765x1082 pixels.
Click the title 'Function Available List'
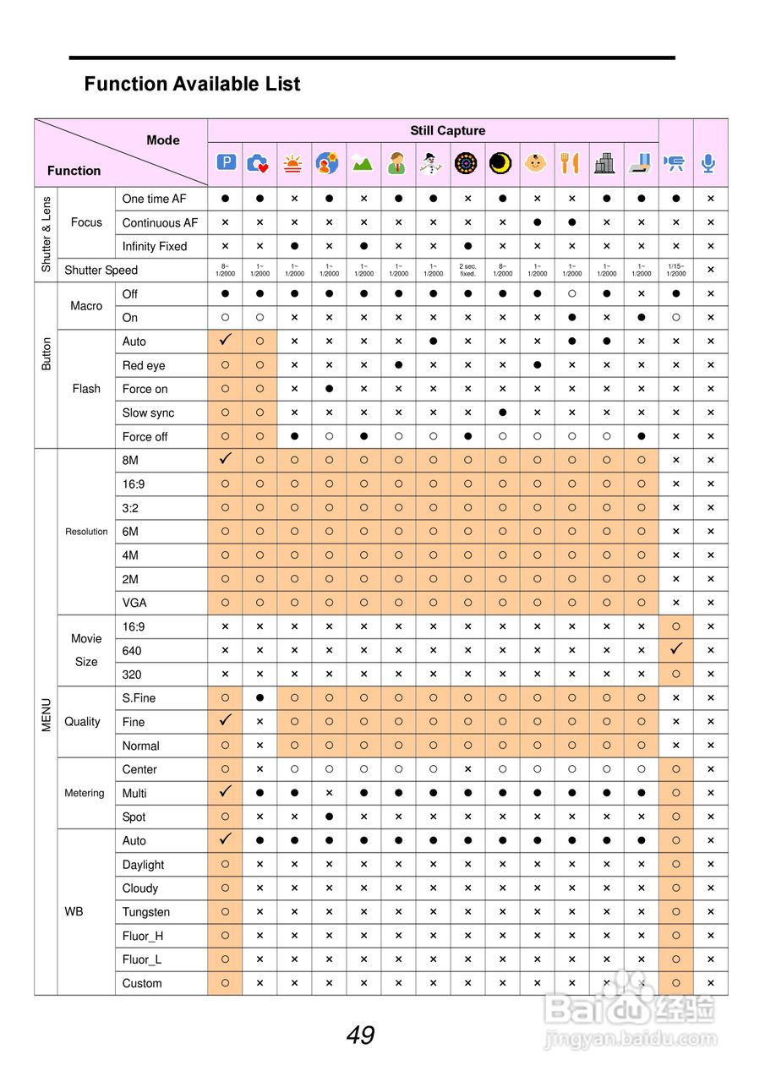[x=192, y=84]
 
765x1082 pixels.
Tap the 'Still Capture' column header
[x=447, y=130]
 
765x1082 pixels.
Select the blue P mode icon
[x=225, y=163]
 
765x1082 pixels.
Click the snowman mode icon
[x=432, y=163]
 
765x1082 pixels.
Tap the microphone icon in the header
[x=709, y=163]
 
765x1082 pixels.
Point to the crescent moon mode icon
[x=501, y=163]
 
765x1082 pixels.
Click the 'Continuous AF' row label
[x=160, y=222]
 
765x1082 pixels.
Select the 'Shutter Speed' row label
[x=101, y=270]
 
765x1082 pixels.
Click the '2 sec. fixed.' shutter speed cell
[x=467, y=270]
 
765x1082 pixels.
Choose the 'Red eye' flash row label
[x=144, y=365]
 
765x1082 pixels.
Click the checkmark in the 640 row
[x=675, y=650]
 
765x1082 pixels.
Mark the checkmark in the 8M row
[x=225, y=460]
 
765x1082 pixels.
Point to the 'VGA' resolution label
[x=134, y=603]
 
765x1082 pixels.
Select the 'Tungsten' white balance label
[x=145, y=912]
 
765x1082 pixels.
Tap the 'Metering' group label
[x=85, y=793]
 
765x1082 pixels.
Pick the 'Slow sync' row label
[x=148, y=413]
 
